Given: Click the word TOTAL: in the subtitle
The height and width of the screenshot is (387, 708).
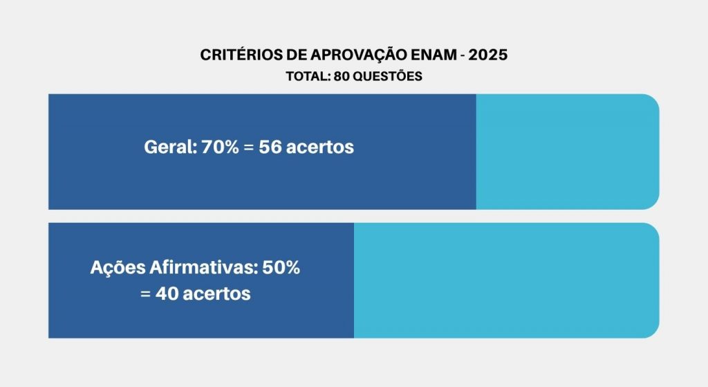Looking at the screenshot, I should [308, 77].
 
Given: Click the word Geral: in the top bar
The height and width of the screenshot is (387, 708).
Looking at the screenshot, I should [170, 147].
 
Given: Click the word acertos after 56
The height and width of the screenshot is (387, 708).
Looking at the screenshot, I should [321, 147].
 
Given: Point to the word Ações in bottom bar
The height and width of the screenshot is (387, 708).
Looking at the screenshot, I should [115, 269].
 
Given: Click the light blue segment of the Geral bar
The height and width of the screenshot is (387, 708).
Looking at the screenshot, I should [567, 152].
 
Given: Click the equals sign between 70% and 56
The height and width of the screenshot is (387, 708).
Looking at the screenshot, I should [249, 148].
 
